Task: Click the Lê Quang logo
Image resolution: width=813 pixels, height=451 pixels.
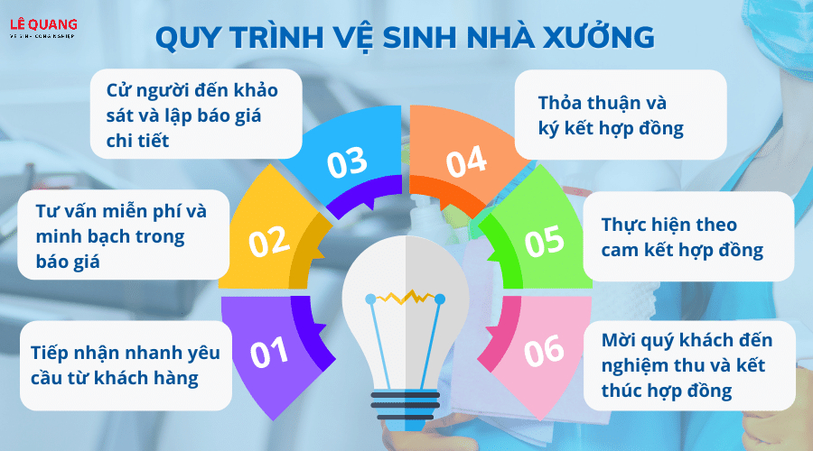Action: [43, 28]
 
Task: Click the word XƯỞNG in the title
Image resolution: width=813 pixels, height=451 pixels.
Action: [599, 36]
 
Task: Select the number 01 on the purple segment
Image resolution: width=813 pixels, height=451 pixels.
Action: [269, 352]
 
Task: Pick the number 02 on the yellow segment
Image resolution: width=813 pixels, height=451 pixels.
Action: [268, 242]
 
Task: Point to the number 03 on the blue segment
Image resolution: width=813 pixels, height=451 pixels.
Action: [347, 162]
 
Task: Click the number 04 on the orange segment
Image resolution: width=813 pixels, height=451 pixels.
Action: [466, 161]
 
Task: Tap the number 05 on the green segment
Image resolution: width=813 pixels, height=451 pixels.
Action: [544, 241]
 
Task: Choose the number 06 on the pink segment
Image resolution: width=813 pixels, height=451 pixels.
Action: [544, 350]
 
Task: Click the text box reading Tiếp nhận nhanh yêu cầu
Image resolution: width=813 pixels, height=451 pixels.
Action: [126, 365]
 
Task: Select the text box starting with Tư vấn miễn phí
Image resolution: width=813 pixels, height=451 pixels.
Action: [124, 235]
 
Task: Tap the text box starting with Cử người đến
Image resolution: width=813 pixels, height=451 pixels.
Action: [196, 114]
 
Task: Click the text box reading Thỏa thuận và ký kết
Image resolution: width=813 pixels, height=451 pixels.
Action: [621, 115]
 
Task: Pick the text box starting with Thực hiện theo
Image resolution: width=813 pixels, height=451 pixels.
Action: [688, 236]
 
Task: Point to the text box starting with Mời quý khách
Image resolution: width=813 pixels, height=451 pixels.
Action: [689, 365]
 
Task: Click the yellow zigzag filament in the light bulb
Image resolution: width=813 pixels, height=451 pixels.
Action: [405, 298]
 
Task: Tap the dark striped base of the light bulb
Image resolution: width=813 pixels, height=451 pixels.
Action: [406, 406]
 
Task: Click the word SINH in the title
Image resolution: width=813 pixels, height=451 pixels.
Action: [418, 37]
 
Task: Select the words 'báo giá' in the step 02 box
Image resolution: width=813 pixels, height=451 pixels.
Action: [68, 262]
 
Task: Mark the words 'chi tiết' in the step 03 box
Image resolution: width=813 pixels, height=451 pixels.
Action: [137, 141]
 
